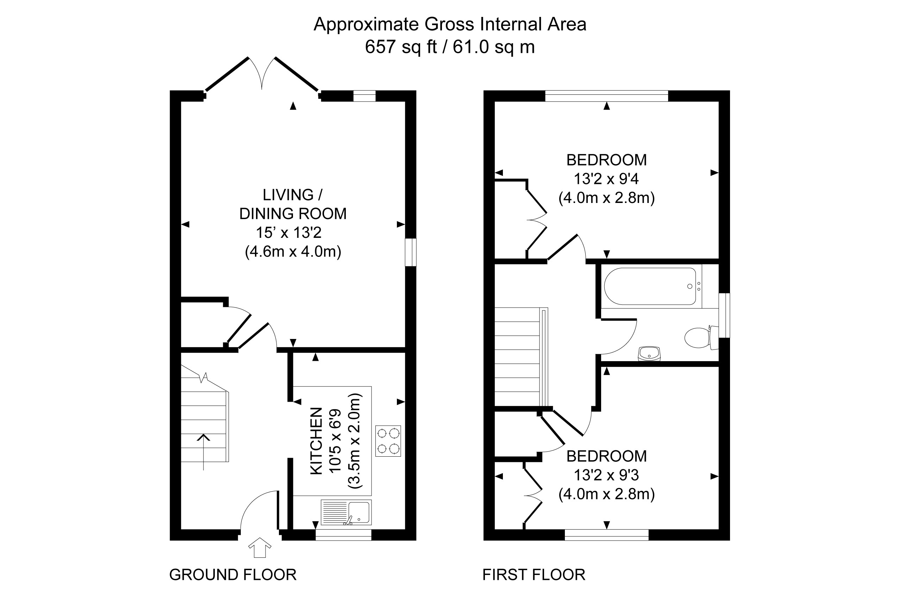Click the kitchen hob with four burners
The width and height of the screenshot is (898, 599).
[388, 440]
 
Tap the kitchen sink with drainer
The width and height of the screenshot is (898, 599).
[346, 512]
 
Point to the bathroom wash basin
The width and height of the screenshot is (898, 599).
[649, 353]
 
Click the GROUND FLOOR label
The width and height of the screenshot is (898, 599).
[232, 575]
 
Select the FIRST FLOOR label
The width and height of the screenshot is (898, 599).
[534, 575]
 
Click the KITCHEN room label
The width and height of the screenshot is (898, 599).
[316, 441]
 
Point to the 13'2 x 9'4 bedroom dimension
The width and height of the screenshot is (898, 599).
[606, 179]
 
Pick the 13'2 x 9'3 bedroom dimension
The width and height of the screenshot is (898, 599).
[606, 475]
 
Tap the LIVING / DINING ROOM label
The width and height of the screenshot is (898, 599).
[293, 204]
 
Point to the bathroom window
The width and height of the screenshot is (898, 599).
[724, 316]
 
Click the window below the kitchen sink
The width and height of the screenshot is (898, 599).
[343, 535]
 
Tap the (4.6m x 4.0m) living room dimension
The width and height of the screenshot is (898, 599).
[293, 252]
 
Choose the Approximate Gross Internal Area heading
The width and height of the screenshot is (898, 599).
[449, 24]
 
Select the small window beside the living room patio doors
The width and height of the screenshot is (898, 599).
[364, 96]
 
